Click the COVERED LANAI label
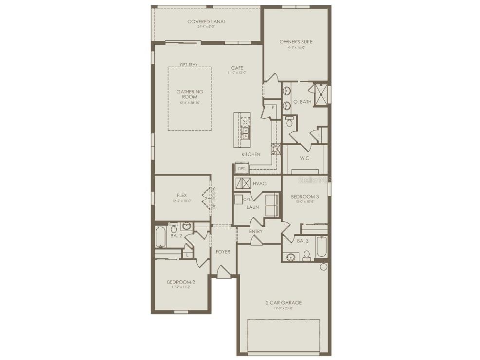206,21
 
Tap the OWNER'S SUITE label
296,42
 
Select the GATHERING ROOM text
190,94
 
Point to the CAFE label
237,68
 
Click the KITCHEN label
251,154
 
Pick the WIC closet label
305,158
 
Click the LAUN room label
253,207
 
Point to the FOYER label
222,252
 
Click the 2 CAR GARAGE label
283,303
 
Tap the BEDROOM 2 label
181,282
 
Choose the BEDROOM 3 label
305,197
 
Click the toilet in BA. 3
307,255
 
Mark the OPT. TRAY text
188,65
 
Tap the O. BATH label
302,102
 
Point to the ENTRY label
256,232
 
